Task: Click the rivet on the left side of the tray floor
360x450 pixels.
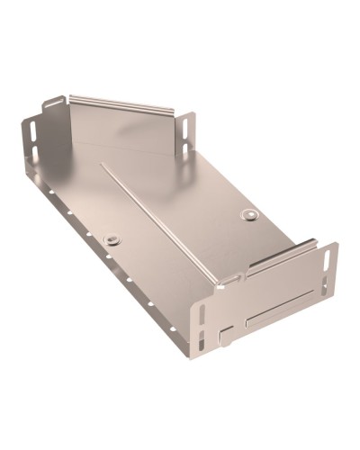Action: (112, 239)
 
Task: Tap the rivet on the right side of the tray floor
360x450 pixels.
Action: (249, 215)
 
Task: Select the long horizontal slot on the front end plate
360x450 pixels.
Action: (280, 317)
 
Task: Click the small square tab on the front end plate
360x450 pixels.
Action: (224, 337)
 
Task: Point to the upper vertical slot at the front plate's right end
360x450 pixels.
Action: (327, 263)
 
